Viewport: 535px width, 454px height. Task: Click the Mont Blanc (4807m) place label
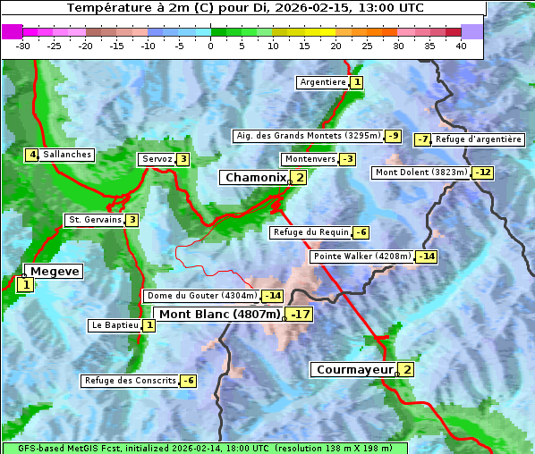point(219,315)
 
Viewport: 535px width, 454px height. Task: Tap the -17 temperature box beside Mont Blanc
point(300,315)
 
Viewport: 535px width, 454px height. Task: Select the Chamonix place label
point(254,178)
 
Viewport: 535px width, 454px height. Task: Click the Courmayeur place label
point(354,370)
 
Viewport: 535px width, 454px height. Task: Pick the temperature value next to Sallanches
point(31,155)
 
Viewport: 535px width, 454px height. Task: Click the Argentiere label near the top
point(323,82)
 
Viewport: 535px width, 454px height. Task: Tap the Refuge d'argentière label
point(479,139)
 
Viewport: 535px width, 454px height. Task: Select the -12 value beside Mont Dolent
point(483,172)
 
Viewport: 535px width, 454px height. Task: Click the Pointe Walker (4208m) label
point(361,256)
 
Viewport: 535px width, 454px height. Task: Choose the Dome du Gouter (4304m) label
point(201,296)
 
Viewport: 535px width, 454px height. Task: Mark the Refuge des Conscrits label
point(130,381)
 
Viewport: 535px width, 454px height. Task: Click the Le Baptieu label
point(115,325)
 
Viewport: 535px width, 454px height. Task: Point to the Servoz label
point(157,159)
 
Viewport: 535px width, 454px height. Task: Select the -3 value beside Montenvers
point(347,159)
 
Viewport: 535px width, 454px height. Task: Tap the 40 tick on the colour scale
point(461,46)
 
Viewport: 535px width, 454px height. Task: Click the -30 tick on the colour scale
point(23,46)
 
